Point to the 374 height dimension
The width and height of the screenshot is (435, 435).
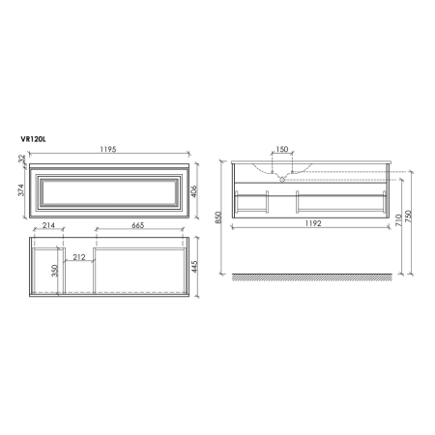click(x=20, y=193)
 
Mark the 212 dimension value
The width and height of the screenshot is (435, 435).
click(x=79, y=257)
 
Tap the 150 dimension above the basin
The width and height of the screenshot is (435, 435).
click(x=281, y=151)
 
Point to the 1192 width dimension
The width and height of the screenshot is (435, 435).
click(x=309, y=220)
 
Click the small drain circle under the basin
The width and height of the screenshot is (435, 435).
click(x=281, y=178)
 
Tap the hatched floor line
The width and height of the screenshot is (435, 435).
click(x=309, y=277)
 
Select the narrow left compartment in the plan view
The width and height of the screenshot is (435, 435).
click(x=43, y=271)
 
